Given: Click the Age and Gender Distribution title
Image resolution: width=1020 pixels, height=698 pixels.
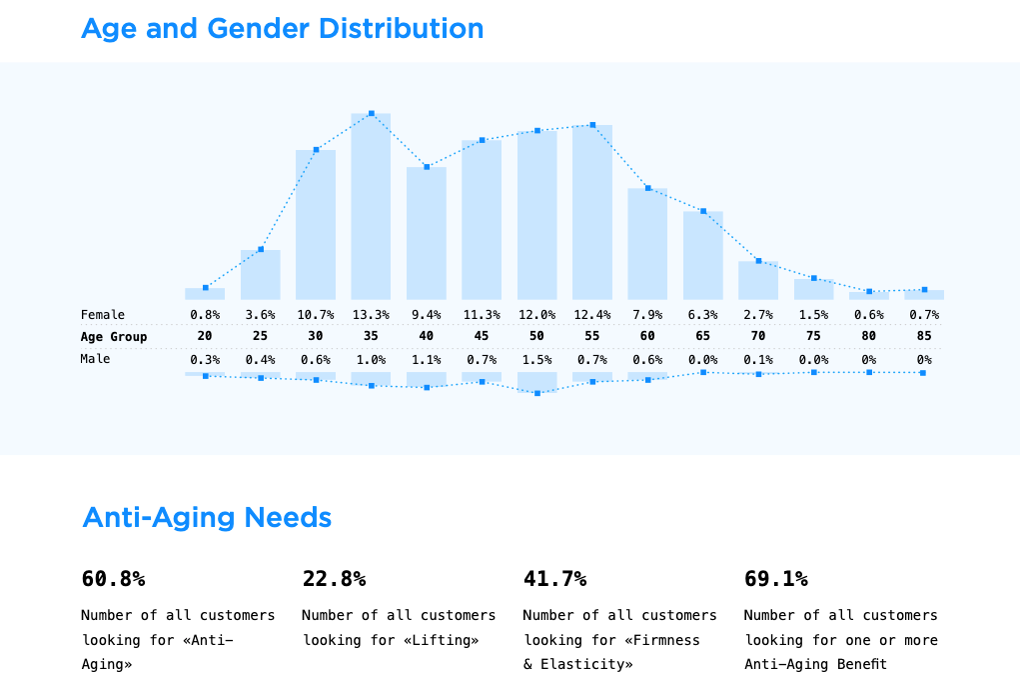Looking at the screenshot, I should point(282,29).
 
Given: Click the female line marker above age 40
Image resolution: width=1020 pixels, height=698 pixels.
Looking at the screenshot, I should point(427,167).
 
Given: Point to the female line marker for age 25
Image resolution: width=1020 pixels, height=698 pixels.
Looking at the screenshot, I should point(261,249).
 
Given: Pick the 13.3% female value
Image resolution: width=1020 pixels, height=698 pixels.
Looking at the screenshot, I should point(371,315).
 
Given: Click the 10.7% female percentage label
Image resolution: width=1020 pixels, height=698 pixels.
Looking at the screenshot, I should point(316,315).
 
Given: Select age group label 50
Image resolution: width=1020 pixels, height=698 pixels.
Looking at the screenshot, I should point(536,337).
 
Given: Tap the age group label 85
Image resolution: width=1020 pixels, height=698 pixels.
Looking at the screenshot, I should point(924,337).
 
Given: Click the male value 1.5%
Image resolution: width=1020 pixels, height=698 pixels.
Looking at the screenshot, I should point(536,359).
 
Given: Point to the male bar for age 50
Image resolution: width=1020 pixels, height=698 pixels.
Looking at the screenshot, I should point(536,382).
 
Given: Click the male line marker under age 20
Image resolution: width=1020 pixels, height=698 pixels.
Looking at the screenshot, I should point(206,376).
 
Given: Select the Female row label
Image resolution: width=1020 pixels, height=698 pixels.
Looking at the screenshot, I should point(103,315).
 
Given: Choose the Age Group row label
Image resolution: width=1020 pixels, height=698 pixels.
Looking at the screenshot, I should point(114,337).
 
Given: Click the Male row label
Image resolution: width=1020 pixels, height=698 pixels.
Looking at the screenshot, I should point(96,359).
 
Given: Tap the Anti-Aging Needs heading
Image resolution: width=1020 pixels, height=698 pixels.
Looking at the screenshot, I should point(207,518).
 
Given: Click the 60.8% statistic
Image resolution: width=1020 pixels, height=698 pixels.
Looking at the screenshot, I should point(113,579).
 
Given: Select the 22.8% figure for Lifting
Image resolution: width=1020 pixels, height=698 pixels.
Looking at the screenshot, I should point(334,579).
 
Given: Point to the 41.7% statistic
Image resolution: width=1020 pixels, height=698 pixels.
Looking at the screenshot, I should point(554,579).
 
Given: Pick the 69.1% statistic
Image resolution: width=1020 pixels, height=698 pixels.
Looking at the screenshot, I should point(776,579).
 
